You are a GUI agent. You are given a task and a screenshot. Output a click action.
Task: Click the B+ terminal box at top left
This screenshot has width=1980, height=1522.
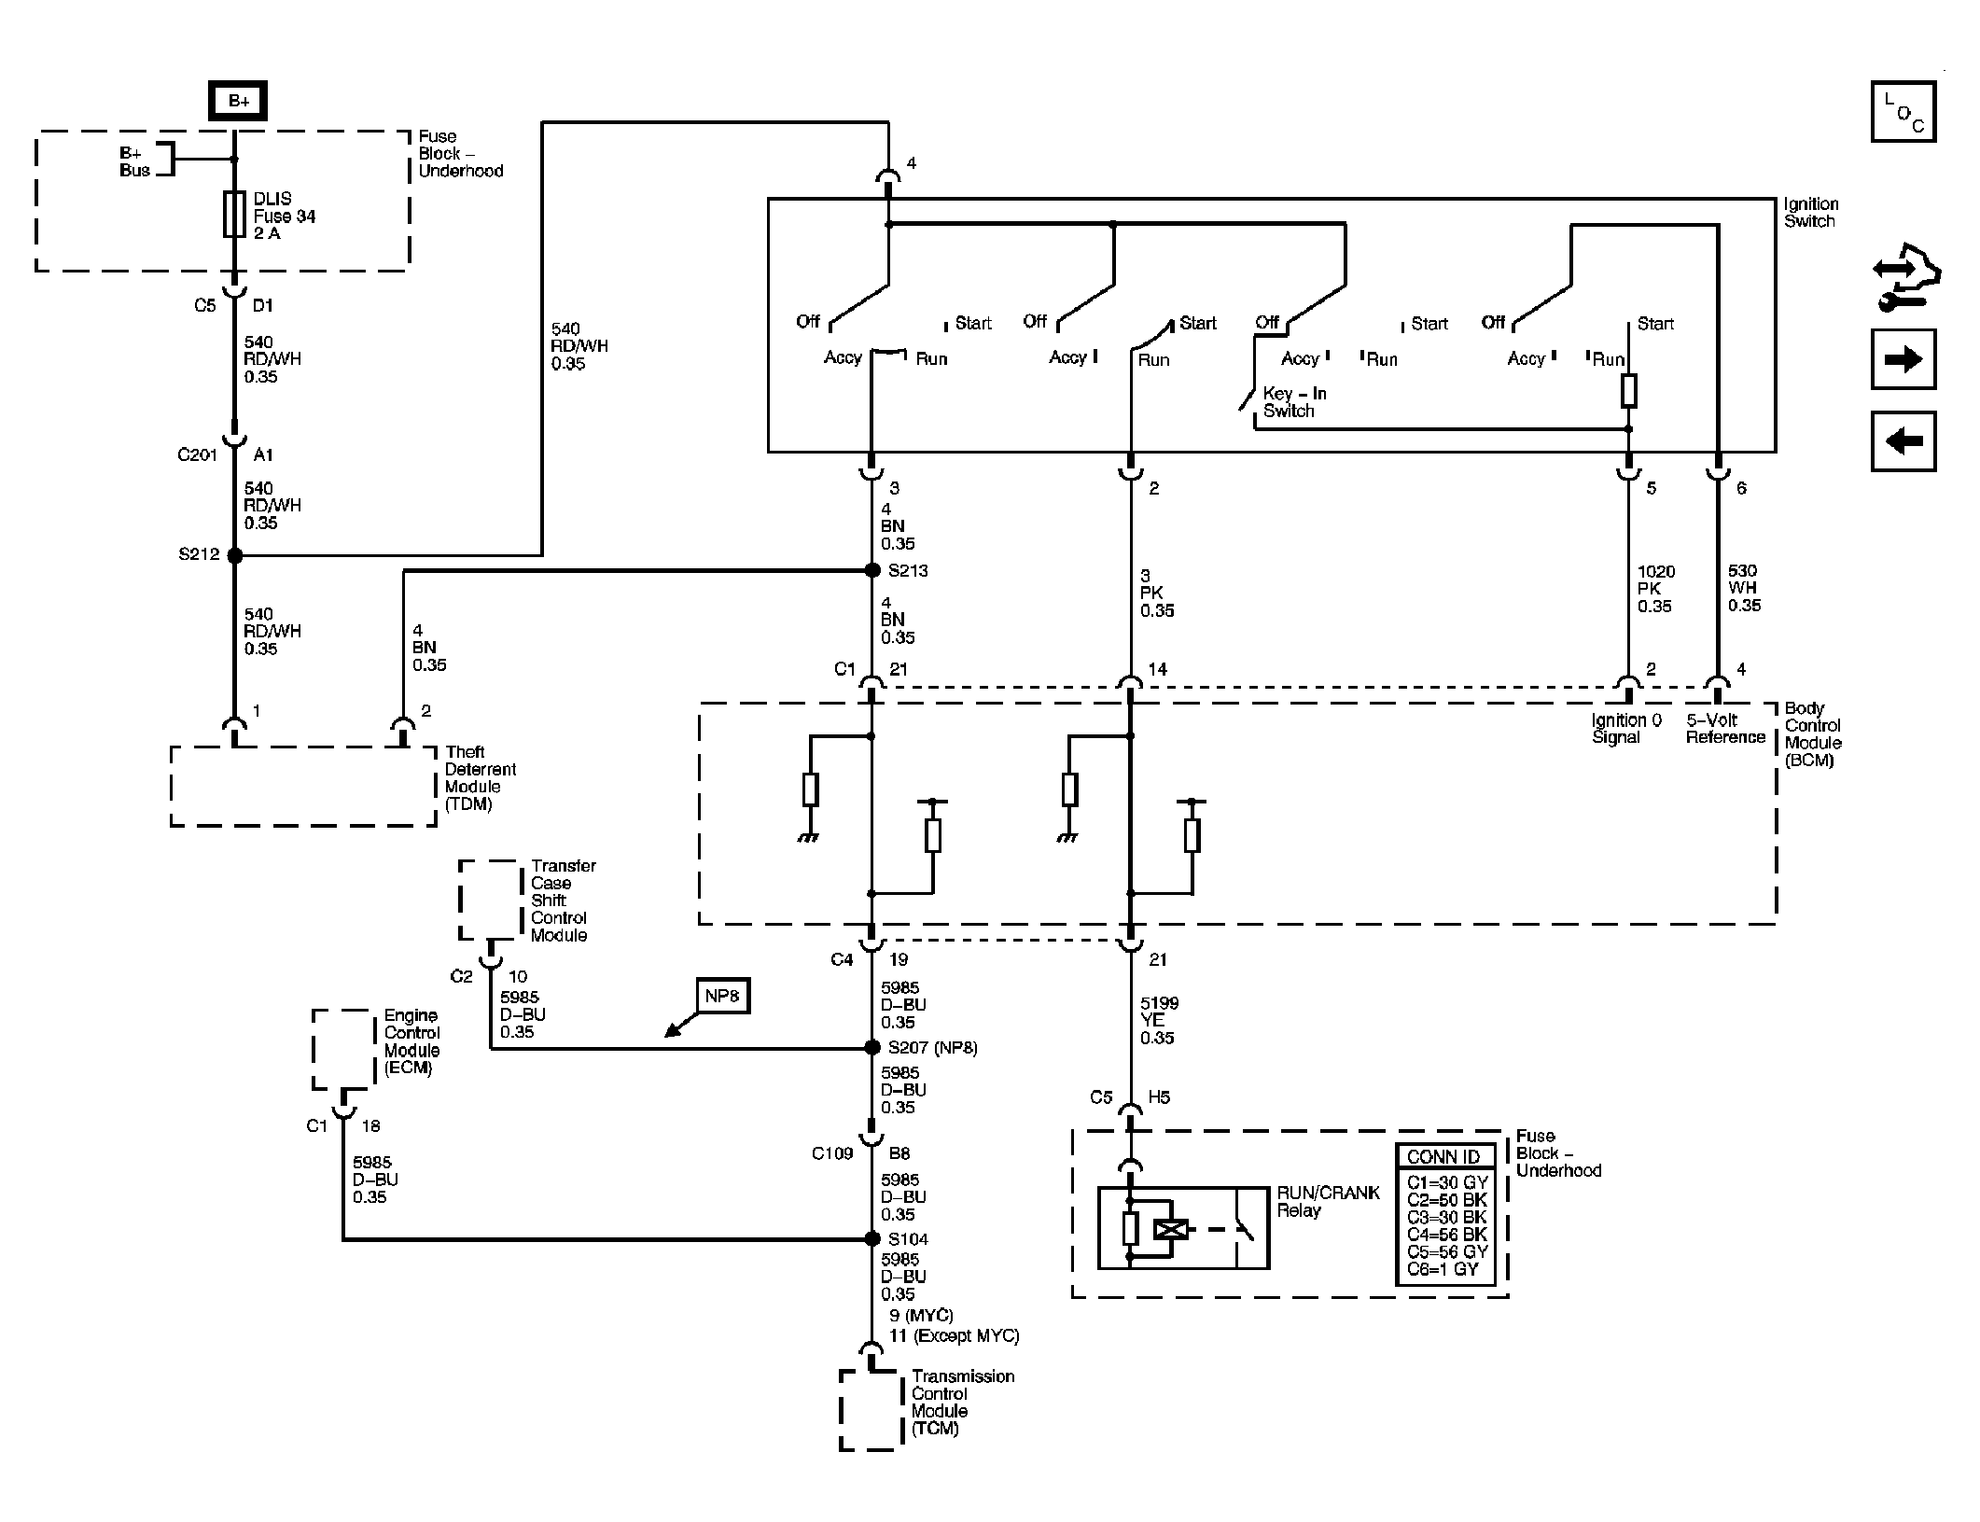pyautogui.click(x=239, y=102)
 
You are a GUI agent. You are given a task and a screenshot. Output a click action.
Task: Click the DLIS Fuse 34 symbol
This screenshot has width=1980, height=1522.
pyautogui.click(x=234, y=216)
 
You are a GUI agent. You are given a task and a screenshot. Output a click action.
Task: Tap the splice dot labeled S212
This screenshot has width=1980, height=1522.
pyautogui.click(x=235, y=555)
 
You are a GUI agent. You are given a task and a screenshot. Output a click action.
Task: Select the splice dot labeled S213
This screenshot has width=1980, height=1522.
pyautogui.click(x=872, y=570)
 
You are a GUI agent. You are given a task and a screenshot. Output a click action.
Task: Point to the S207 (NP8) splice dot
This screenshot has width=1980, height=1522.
pyautogui.click(x=872, y=1048)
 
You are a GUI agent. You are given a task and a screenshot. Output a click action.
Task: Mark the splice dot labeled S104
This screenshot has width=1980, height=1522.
pyautogui.click(x=872, y=1239)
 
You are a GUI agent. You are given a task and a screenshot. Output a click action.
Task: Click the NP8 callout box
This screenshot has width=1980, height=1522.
pyautogui.click(x=722, y=996)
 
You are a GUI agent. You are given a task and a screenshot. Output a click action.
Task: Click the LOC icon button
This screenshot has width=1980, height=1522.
pyautogui.click(x=1903, y=112)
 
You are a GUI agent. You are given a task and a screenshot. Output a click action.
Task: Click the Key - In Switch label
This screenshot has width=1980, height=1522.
pyautogui.click(x=1293, y=402)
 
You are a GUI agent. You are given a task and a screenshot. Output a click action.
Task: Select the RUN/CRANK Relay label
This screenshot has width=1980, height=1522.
pyautogui.click(x=1327, y=1202)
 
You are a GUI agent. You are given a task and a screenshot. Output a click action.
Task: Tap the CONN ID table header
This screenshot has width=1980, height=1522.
pyautogui.click(x=1443, y=1157)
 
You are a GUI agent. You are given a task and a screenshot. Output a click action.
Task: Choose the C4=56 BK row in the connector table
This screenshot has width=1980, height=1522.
pyautogui.click(x=1446, y=1235)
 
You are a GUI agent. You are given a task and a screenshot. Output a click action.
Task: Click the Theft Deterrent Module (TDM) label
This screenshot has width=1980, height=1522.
pyautogui.click(x=480, y=778)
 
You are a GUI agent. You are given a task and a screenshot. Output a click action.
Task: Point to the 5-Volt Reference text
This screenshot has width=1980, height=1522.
pyautogui.click(x=1724, y=729)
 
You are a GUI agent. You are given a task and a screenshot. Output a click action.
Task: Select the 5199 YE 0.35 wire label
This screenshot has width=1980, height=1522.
pyautogui.click(x=1159, y=1021)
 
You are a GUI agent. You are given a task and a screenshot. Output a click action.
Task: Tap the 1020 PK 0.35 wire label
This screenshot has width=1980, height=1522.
pyautogui.click(x=1655, y=589)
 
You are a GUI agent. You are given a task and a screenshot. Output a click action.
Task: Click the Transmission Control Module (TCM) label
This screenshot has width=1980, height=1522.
pyautogui.click(x=962, y=1403)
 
